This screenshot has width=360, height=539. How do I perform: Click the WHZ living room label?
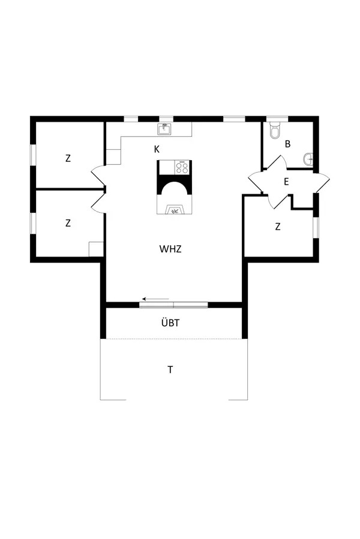tap(170, 248)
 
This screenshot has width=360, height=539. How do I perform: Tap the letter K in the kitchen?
tap(157, 148)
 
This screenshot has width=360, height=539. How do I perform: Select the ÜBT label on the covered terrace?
tap(170, 323)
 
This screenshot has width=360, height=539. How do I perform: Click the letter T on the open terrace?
tap(170, 369)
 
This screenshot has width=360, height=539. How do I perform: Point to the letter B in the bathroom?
tap(288, 144)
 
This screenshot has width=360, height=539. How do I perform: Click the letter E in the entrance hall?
tap(286, 182)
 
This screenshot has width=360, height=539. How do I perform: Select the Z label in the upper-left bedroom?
tap(68, 158)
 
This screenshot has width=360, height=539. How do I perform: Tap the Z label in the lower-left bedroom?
tap(68, 222)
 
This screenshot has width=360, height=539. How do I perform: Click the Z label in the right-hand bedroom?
tap(278, 227)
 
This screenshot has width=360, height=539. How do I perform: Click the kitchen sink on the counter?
tap(165, 129)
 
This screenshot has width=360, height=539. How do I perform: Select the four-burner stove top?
tap(182, 167)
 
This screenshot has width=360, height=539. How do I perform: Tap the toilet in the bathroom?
tap(275, 130)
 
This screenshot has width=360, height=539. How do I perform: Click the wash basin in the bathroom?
tap(308, 159)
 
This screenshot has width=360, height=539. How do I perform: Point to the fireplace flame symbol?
tap(175, 210)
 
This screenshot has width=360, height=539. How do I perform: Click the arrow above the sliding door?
tap(155, 299)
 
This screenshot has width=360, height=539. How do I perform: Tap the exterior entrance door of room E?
tap(323, 182)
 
